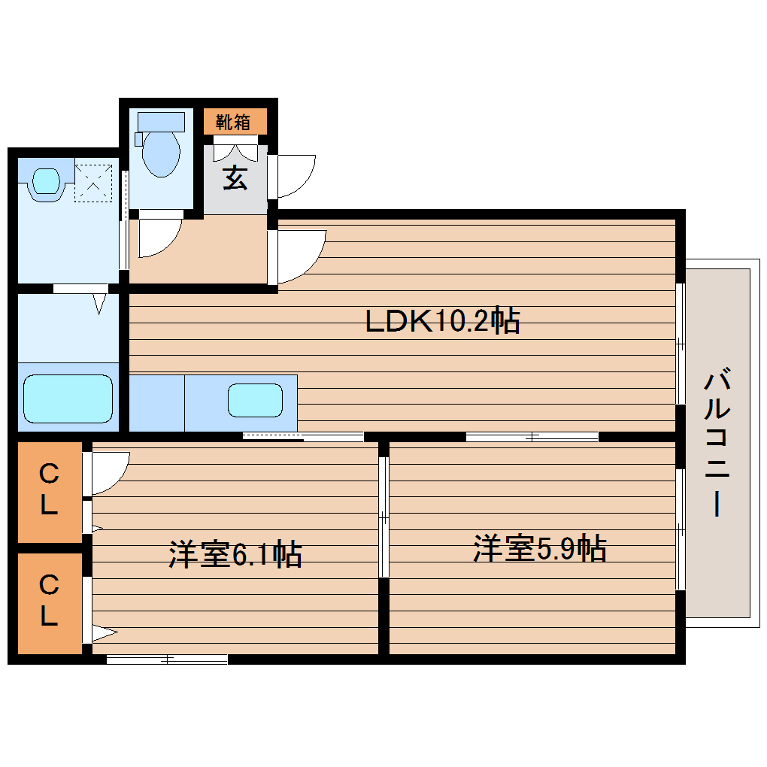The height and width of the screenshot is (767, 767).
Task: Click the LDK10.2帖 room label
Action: (442, 322)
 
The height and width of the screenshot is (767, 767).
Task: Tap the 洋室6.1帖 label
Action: (235, 555)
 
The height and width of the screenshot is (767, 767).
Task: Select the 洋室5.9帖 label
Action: (539, 549)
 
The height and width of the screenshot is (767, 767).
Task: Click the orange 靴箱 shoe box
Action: (235, 121)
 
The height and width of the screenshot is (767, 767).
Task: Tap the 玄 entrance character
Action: (235, 178)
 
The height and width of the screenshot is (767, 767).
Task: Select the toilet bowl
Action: (161, 150)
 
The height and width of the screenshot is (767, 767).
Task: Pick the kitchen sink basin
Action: (256, 400)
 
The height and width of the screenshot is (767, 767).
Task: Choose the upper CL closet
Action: (49, 491)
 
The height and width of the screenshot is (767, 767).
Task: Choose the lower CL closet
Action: (49, 602)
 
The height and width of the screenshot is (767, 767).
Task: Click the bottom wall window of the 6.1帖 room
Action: (167, 659)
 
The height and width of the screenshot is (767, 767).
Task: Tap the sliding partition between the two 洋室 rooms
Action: (383, 517)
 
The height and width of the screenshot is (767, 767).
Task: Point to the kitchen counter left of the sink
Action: (157, 402)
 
